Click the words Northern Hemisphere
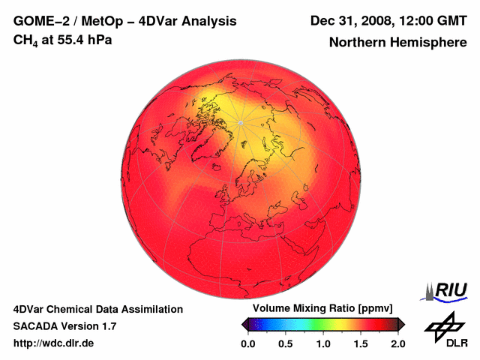[x=398, y=43]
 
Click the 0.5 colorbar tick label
[x=286, y=343]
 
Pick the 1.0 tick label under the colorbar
[x=323, y=343]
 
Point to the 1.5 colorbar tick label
[x=361, y=343]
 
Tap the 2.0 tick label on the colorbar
[x=398, y=343]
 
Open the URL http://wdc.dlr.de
[x=54, y=343]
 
